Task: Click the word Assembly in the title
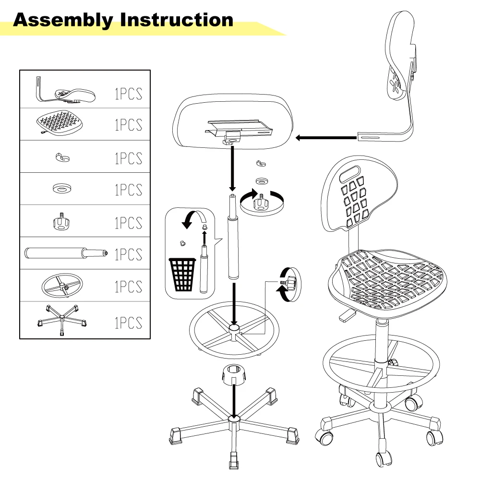(63, 20)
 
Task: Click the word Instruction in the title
(177, 20)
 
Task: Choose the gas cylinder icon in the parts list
(65, 252)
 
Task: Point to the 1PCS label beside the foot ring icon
(128, 287)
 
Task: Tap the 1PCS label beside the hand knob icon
(128, 222)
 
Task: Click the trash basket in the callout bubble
(182, 275)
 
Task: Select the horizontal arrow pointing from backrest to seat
(326, 138)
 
